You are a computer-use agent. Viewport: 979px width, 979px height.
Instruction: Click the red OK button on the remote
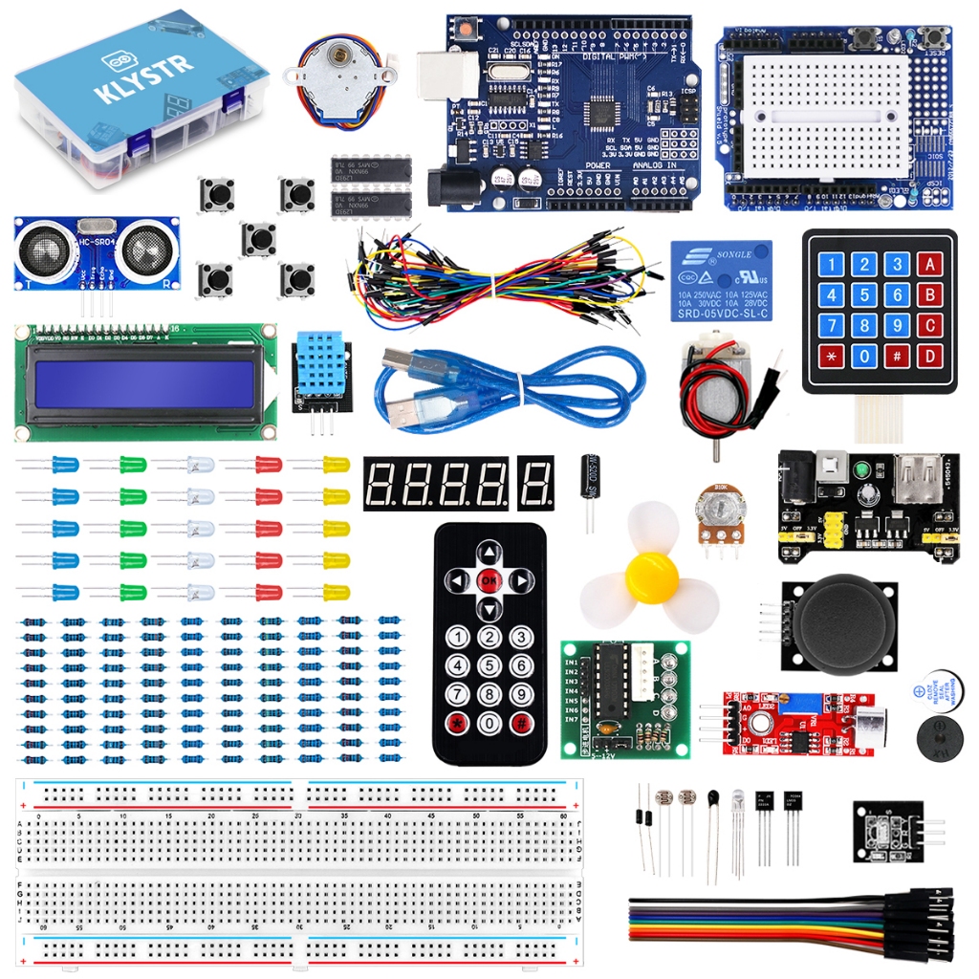coord(489,579)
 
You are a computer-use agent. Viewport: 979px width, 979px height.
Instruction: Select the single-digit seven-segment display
coord(537,483)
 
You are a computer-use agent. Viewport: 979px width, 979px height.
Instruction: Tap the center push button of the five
coord(258,238)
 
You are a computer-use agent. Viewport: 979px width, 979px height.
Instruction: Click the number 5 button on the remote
coord(489,665)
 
